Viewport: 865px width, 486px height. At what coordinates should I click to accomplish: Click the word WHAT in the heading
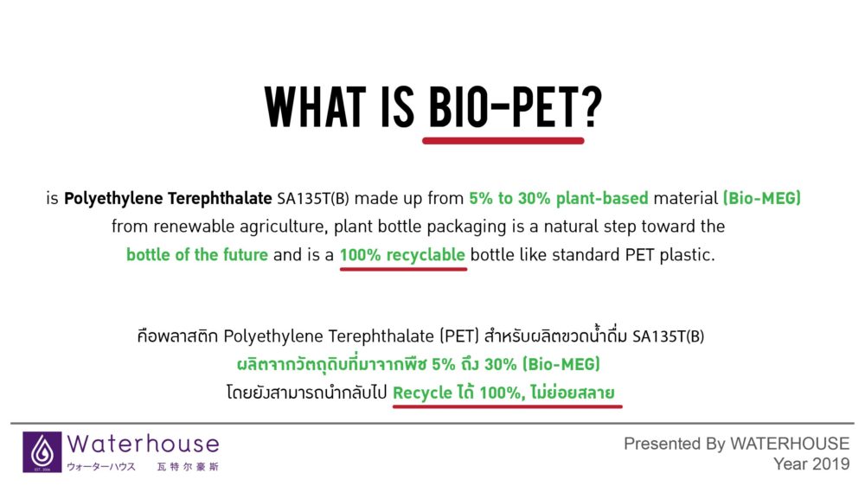(315, 107)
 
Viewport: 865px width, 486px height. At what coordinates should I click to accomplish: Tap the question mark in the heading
(591, 107)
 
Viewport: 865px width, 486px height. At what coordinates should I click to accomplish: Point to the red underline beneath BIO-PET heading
(503, 141)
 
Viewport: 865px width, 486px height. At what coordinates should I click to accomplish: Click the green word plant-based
(602, 199)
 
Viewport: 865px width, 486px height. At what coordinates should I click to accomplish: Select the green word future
(245, 255)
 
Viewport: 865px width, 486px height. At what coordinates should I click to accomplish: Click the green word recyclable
(426, 255)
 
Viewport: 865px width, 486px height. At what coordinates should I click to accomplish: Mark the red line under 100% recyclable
(403, 269)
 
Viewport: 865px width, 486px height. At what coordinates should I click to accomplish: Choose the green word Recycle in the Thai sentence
(422, 393)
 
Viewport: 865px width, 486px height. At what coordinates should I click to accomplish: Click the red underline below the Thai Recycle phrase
(508, 406)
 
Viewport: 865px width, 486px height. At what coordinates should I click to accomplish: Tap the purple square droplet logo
(42, 451)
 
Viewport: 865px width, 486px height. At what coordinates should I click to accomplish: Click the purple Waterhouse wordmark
(143, 444)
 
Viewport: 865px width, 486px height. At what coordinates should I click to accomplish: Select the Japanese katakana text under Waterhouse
(101, 467)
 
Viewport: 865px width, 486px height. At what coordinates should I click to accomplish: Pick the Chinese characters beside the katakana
(188, 467)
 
